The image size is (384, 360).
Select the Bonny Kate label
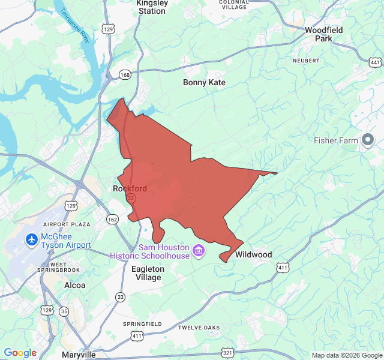pyautogui.click(x=204, y=83)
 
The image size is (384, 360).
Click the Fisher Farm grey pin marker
pyautogui.click(x=368, y=140)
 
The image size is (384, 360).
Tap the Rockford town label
pyautogui.click(x=130, y=188)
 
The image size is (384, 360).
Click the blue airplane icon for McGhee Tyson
pyautogui.click(x=32, y=239)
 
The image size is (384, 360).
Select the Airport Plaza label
pyautogui.click(x=66, y=224)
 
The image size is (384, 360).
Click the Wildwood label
pyautogui.click(x=253, y=255)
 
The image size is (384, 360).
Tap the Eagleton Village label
pyautogui.click(x=148, y=274)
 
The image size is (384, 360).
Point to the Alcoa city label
pyautogui.click(x=75, y=286)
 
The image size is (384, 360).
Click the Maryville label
pyautogui.click(x=79, y=355)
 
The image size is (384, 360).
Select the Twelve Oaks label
pyautogui.click(x=199, y=328)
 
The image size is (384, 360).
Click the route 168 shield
pyautogui.click(x=125, y=75)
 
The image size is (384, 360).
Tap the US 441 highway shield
pyautogui.click(x=375, y=62)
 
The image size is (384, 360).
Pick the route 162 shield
pyautogui.click(x=113, y=220)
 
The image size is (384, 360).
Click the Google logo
pyautogui.click(x=20, y=353)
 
